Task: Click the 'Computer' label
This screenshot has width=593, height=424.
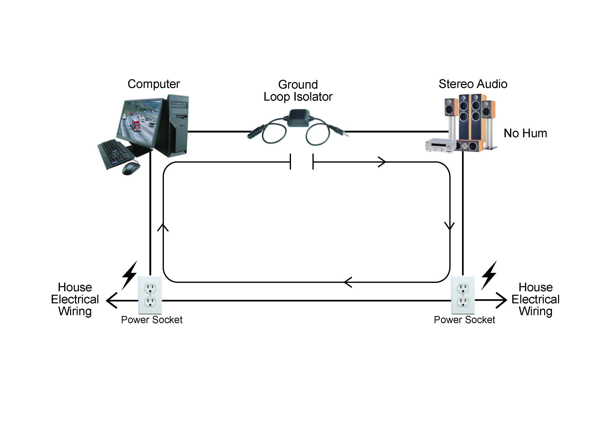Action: point(154,84)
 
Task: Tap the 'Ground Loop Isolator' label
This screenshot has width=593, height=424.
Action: point(298,91)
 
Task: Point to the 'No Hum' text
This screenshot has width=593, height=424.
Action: point(525,133)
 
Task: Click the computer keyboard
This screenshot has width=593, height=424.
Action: point(115,154)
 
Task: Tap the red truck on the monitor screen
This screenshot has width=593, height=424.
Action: point(136,125)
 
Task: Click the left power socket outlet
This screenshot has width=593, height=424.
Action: point(150,295)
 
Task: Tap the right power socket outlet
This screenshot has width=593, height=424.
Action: point(463,295)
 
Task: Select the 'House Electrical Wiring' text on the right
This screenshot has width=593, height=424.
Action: point(535,299)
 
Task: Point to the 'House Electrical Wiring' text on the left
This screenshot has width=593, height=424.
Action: point(75,299)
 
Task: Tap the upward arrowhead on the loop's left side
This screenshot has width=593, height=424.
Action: point(163,227)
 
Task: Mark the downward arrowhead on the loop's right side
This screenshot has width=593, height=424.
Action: point(450,226)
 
